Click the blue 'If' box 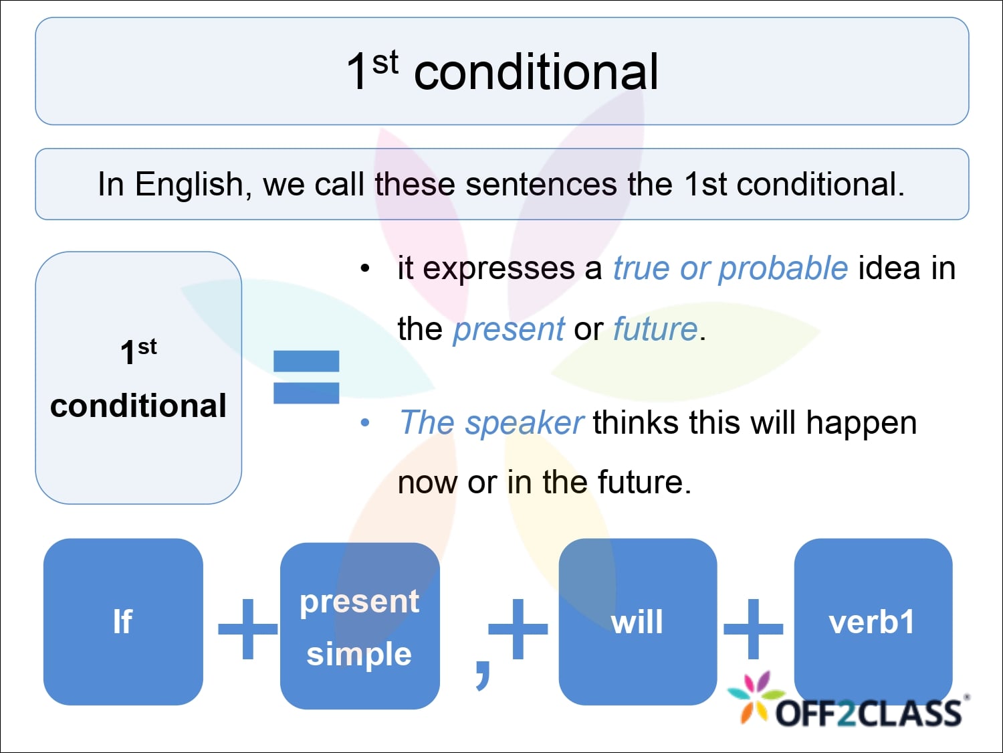pos(123,621)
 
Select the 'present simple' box pos(360,626)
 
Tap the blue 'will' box pos(637,621)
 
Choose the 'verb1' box pos(873,621)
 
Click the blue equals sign pos(306,377)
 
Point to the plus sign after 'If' pos(247,628)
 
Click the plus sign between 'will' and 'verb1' pos(754,628)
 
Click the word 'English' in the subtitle pos(189,185)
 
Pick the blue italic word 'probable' pos(783,268)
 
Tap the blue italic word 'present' pos(509,329)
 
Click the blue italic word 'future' pos(655,329)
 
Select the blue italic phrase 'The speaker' pos(491,423)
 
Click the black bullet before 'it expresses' pos(365,269)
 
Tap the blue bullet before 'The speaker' pos(365,423)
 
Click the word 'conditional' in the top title pos(536,72)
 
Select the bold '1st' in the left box pos(138,351)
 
